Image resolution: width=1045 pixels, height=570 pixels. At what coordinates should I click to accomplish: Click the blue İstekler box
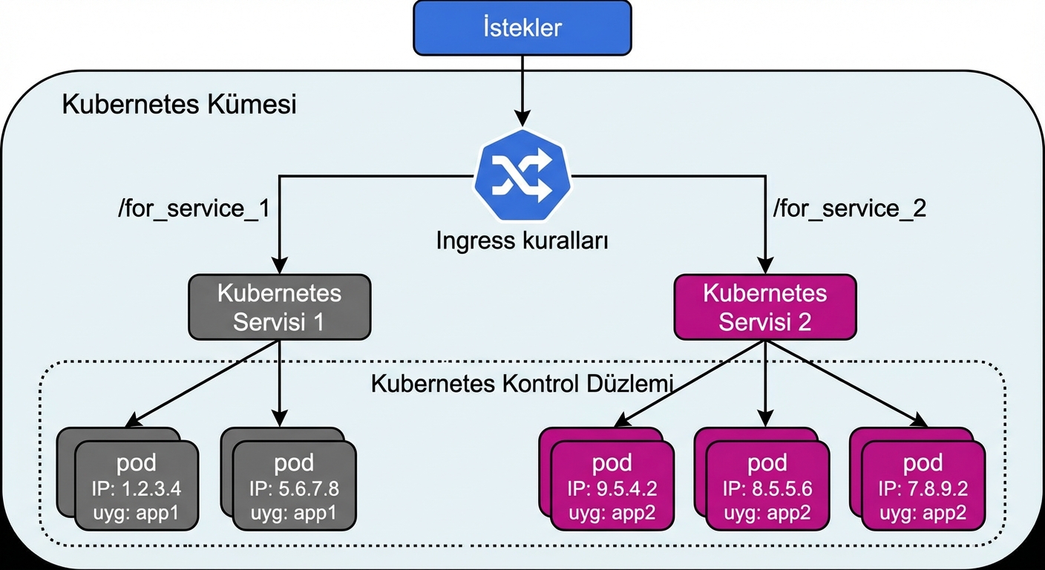(522, 29)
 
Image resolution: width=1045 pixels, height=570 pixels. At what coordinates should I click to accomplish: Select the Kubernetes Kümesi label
(179, 105)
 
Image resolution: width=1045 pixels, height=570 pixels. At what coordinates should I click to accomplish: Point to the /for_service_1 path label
(193, 209)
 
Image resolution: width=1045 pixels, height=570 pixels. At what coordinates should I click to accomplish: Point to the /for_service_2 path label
(850, 209)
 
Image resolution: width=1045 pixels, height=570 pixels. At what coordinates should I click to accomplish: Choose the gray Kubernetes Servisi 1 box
(279, 307)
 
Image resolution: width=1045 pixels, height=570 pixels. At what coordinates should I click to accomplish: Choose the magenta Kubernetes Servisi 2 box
(764, 307)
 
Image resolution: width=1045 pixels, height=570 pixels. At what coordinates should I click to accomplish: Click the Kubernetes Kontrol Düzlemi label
(522, 384)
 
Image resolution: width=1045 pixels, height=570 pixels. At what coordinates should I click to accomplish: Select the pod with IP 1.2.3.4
(137, 485)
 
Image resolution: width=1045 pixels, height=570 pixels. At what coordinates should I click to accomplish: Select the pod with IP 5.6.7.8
(294, 485)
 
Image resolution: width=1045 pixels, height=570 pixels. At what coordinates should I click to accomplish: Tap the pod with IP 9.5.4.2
(612, 485)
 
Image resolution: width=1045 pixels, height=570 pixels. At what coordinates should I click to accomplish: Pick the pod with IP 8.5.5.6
(767, 485)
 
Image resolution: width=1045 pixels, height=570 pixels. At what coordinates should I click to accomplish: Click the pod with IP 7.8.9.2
(923, 485)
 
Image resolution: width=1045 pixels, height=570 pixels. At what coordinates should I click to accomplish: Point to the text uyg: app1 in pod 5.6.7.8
(294, 513)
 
